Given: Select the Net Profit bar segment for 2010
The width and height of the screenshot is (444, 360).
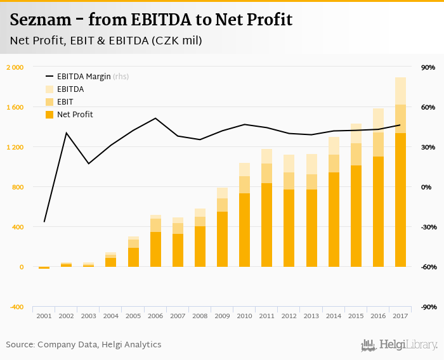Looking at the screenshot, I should (x=244, y=229).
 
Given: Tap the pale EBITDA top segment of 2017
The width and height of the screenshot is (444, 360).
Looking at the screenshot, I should (x=400, y=91).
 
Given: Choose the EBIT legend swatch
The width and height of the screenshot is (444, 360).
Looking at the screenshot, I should (x=49, y=102).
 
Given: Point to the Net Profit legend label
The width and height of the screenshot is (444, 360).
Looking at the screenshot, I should (x=75, y=115).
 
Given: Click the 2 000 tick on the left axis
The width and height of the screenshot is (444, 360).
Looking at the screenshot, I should (x=15, y=67).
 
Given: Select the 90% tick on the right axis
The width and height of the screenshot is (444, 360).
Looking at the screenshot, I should (x=428, y=67).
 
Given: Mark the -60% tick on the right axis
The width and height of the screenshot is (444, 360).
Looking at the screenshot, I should (x=428, y=267).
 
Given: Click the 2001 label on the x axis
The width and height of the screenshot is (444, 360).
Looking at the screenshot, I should (x=44, y=316).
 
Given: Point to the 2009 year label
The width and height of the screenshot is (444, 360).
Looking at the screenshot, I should (x=222, y=316).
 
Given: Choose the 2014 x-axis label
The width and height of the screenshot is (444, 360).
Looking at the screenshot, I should (x=334, y=316).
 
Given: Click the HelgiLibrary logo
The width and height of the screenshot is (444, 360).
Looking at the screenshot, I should (x=400, y=345).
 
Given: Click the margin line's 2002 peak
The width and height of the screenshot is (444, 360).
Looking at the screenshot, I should (x=66, y=132).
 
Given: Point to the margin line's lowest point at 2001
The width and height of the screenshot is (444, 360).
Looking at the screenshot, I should (x=44, y=222).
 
